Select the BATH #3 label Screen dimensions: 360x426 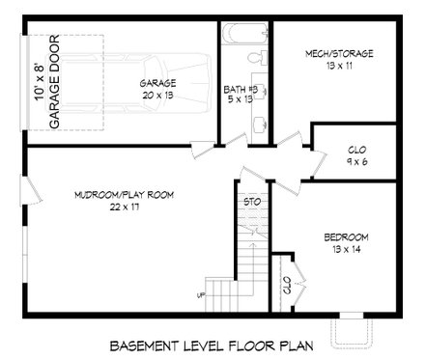pyautogui.click(x=240, y=88)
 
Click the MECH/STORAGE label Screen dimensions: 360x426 pyautogui.click(x=338, y=53)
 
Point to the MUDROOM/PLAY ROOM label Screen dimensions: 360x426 pyautogui.click(x=123, y=195)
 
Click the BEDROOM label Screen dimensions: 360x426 pyautogui.click(x=345, y=236)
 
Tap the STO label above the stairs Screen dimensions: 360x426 pyautogui.click(x=252, y=202)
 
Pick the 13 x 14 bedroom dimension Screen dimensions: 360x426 pyautogui.click(x=345, y=249)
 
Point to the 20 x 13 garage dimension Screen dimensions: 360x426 pyautogui.click(x=157, y=96)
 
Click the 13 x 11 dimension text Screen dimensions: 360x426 pyautogui.click(x=338, y=66)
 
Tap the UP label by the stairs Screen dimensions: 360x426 pyautogui.click(x=202, y=294)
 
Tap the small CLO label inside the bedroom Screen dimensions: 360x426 pyautogui.click(x=287, y=286)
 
